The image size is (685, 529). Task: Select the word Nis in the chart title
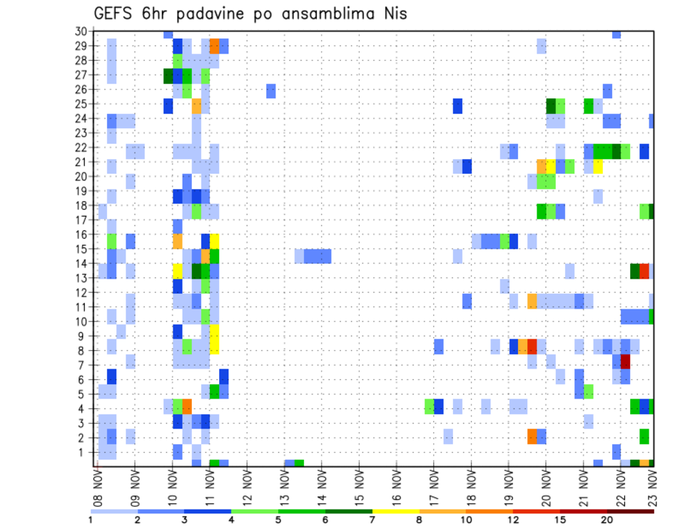click(393, 14)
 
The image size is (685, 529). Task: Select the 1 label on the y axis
click(83, 452)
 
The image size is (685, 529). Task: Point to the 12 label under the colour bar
click(513, 520)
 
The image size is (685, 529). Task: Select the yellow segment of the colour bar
click(396, 511)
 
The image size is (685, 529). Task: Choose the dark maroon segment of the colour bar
click(631, 511)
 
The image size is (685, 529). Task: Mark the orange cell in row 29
click(215, 46)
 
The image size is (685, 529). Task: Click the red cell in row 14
click(644, 271)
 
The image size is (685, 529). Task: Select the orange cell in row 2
click(532, 436)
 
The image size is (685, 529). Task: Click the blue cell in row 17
click(178, 226)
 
